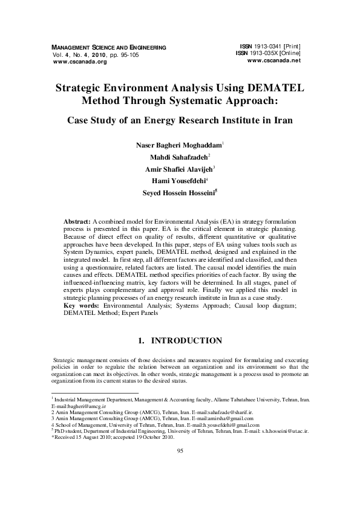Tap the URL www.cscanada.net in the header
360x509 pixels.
pos(273,60)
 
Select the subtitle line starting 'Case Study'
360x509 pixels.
pos(180,120)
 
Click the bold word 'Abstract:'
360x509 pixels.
pos(77,222)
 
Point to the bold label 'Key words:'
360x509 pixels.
pos(82,306)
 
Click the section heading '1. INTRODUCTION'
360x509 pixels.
pos(180,341)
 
